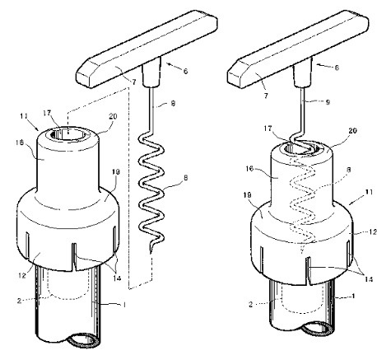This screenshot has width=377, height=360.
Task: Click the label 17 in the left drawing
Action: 47,113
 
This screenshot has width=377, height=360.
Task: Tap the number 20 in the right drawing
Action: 352,130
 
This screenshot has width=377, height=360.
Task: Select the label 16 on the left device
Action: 20,143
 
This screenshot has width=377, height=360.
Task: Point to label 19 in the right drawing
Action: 247,195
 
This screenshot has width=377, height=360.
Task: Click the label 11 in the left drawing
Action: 24,116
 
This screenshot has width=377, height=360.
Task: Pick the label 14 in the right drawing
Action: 369,279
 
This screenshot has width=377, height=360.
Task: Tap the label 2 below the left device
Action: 19,301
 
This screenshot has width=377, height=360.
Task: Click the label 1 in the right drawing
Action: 353,296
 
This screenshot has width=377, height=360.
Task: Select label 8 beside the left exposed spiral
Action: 185,178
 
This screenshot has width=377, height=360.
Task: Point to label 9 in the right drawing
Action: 328,102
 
